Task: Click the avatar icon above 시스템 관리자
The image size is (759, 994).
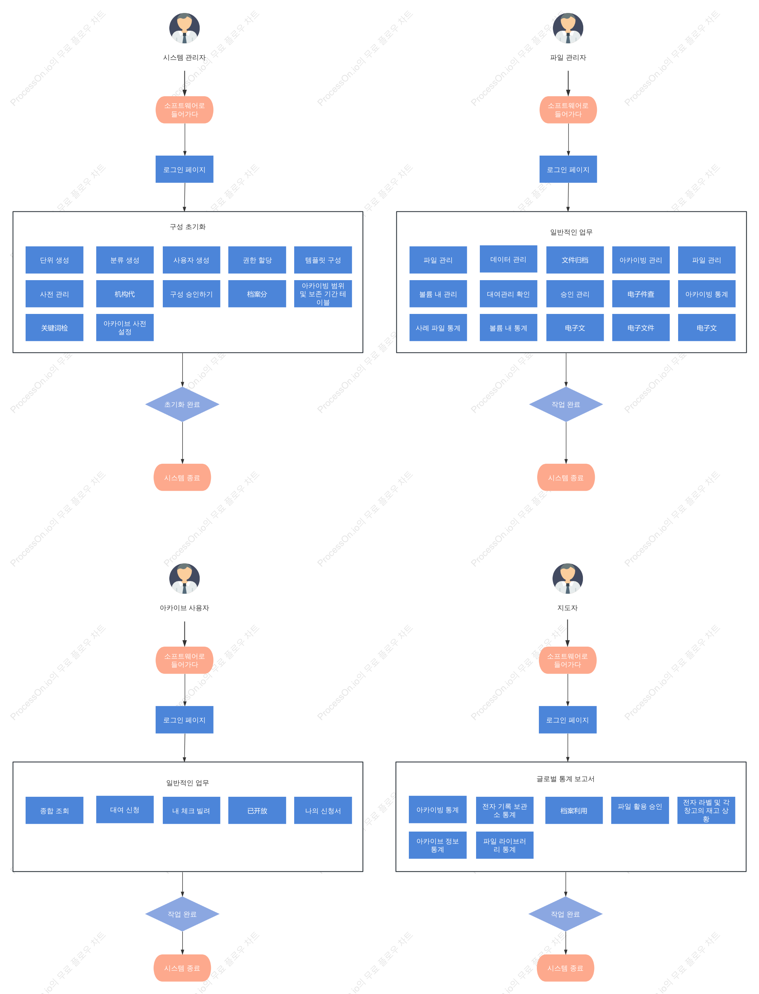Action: (x=184, y=28)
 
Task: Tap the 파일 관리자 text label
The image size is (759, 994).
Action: (x=568, y=57)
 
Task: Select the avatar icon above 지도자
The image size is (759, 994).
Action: (x=568, y=578)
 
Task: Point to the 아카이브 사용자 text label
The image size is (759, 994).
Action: (x=184, y=608)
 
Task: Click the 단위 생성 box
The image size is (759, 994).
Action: (x=54, y=260)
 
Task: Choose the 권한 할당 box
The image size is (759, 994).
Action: (x=257, y=260)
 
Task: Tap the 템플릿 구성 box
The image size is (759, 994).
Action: (x=323, y=260)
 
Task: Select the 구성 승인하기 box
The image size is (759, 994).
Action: (x=191, y=293)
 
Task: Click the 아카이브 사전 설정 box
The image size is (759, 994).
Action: (x=125, y=328)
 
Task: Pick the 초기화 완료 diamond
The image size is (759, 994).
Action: (x=182, y=404)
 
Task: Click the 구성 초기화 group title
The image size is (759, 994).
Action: (x=187, y=227)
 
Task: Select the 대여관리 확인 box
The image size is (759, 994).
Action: (x=508, y=293)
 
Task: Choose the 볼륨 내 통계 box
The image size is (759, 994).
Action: (x=508, y=328)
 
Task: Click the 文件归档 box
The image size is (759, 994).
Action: (x=575, y=260)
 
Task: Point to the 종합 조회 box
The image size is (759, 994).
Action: (x=54, y=810)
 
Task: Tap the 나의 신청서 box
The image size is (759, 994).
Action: (x=323, y=810)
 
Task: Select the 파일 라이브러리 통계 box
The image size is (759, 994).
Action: (x=505, y=845)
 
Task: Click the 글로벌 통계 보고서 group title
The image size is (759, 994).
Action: (x=565, y=779)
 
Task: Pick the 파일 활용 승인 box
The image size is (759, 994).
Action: (x=640, y=810)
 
